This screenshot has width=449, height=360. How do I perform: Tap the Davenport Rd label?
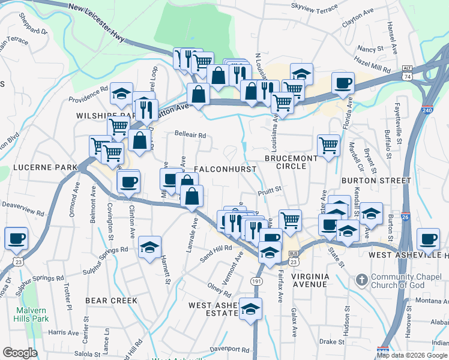click(230, 349)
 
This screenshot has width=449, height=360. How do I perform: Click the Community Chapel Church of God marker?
click(361, 280)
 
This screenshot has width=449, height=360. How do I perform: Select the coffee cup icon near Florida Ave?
click(343, 83)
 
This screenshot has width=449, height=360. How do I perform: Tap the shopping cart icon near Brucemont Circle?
click(328, 145)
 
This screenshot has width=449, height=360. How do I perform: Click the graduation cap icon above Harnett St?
click(150, 247)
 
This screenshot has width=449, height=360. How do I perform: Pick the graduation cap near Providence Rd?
click(122, 93)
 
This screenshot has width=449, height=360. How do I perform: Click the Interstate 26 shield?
click(406, 217)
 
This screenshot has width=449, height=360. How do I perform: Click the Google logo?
click(19, 353)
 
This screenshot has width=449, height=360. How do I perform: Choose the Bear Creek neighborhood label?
click(111, 300)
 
